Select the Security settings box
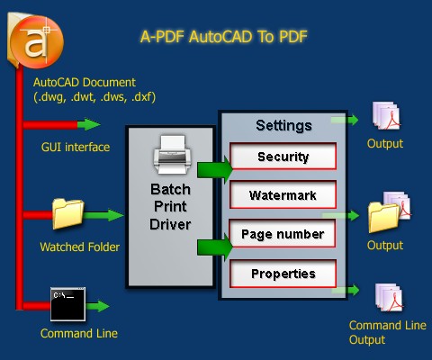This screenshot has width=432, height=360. click(283, 157)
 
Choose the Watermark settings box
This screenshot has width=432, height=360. click(283, 194)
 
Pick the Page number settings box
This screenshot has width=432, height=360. click(283, 234)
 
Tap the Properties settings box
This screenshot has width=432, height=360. click(283, 274)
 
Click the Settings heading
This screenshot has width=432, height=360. click(283, 125)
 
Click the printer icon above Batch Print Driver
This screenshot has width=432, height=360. click(170, 156)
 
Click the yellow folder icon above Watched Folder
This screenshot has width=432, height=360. click(68, 214)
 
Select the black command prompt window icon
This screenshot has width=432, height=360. click(68, 304)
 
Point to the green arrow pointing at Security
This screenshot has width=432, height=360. click(214, 168)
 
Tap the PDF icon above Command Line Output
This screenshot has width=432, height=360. click(384, 296)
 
